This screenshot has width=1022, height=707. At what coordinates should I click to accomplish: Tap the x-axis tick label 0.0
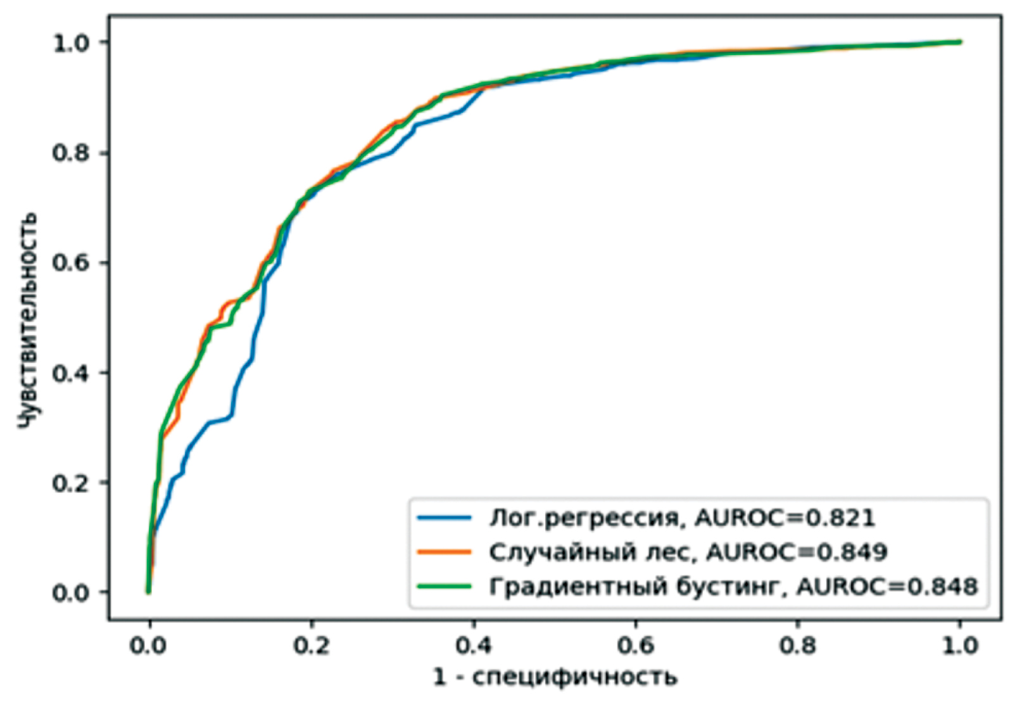pyautogui.click(x=149, y=646)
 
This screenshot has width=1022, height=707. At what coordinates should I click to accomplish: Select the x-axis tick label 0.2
pyautogui.click(x=312, y=646)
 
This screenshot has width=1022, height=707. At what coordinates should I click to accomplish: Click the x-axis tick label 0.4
pyautogui.click(x=474, y=646)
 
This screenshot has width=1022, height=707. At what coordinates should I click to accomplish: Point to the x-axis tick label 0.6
pyautogui.click(x=636, y=646)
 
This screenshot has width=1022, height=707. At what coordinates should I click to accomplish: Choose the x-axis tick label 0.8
pyautogui.click(x=798, y=646)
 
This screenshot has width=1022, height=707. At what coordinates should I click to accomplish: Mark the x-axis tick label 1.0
pyautogui.click(x=959, y=646)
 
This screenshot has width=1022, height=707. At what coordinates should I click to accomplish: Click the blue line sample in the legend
pyautogui.click(x=444, y=518)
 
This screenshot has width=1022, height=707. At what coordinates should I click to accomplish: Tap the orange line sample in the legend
pyautogui.click(x=444, y=552)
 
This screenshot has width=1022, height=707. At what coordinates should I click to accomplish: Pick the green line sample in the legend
pyautogui.click(x=444, y=587)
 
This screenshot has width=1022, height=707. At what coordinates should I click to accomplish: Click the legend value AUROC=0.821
pyautogui.click(x=785, y=518)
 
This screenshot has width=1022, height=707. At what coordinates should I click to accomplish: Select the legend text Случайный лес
pyautogui.click(x=588, y=552)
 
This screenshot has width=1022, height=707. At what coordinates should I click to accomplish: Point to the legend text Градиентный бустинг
pyautogui.click(x=633, y=587)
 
